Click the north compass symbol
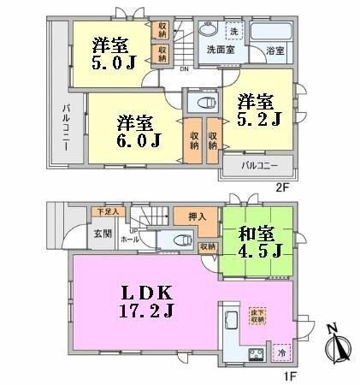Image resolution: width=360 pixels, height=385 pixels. [337, 346]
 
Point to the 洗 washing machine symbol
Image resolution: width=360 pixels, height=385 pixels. [233, 32]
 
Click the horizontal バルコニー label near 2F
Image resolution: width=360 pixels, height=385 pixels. [257, 164]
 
